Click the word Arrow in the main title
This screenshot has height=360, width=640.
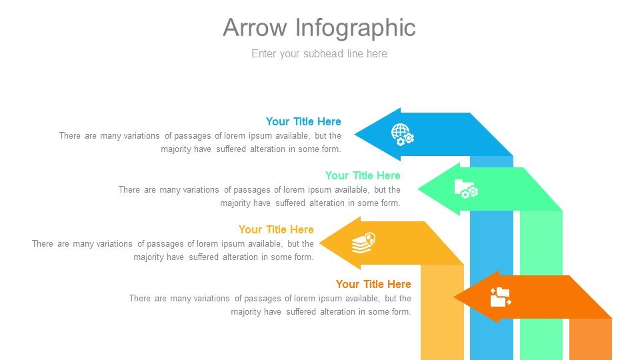[255, 28]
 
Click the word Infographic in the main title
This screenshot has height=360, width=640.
[355, 29]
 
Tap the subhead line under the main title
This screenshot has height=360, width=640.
[319, 54]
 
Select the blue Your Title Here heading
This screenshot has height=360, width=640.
[303, 121]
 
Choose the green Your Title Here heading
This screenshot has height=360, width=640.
[363, 175]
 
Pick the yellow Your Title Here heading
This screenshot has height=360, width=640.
[276, 229]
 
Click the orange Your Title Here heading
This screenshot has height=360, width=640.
[373, 284]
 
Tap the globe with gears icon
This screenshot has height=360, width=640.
[403, 135]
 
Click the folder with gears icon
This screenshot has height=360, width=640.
[466, 189]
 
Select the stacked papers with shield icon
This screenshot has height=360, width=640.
[364, 243]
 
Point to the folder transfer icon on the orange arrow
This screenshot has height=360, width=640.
[501, 297]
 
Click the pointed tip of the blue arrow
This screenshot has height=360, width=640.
[355, 134]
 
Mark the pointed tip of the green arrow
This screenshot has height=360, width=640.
[418, 189]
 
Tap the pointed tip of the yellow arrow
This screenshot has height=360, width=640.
[319, 243]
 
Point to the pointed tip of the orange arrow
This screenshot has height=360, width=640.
[454, 297]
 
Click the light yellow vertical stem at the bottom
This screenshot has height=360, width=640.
[443, 312]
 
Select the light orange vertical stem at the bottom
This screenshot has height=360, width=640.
[591, 339]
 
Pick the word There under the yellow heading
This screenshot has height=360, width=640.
[43, 244]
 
